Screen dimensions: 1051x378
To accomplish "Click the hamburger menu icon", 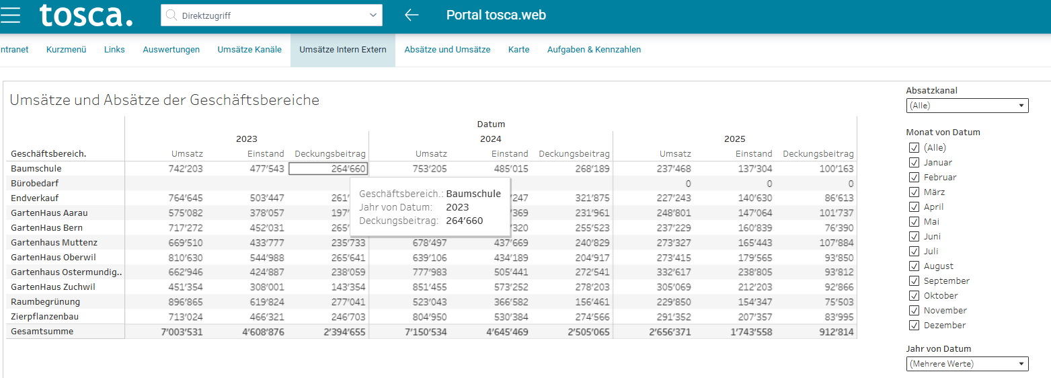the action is tap(10, 15).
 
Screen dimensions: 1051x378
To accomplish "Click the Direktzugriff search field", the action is tap(271, 15).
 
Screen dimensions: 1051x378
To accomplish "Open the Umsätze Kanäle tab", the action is tap(249, 49).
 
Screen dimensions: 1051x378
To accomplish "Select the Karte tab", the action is tap(518, 49).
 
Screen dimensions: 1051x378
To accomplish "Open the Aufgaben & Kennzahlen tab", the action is tap(594, 49).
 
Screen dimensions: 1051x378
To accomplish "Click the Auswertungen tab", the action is tap(171, 49).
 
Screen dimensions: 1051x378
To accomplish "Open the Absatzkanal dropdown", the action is tap(967, 106).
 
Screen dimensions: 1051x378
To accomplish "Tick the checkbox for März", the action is tap(914, 192).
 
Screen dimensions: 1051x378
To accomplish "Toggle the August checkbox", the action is tap(914, 266).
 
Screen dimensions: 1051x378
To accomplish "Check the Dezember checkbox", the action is tap(914, 326).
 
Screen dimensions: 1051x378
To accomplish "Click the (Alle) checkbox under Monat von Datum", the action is tap(914, 148).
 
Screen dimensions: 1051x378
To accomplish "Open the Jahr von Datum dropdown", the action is tap(967, 364).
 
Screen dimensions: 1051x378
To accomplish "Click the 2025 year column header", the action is tap(734, 139).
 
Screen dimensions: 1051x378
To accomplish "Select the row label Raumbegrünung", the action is tap(46, 302).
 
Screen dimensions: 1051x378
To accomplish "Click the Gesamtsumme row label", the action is tap(42, 332).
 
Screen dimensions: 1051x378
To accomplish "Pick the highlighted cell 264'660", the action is tap(328, 169).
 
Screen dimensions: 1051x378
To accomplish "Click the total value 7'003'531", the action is tap(182, 332).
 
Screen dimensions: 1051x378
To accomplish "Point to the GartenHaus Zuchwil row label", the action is tap(53, 287).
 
